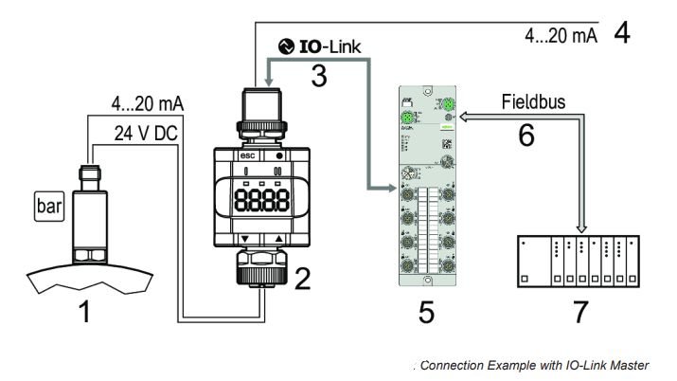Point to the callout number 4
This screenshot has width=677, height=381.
click(622, 35)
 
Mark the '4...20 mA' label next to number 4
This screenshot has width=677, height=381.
click(557, 36)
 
